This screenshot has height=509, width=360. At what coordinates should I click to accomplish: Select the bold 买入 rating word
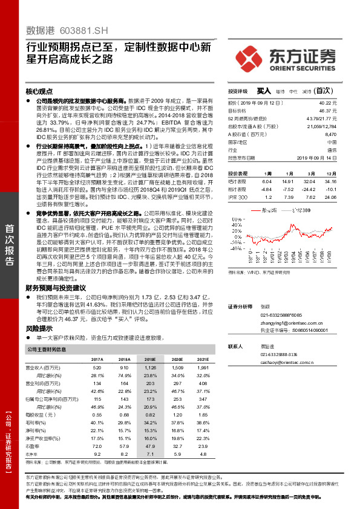tap(264, 90)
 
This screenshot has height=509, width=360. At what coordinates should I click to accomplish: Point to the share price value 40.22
tap(327, 104)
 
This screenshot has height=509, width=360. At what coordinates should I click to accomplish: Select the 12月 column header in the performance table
tap(329, 172)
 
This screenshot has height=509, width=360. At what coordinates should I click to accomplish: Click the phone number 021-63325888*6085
tap(281, 315)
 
